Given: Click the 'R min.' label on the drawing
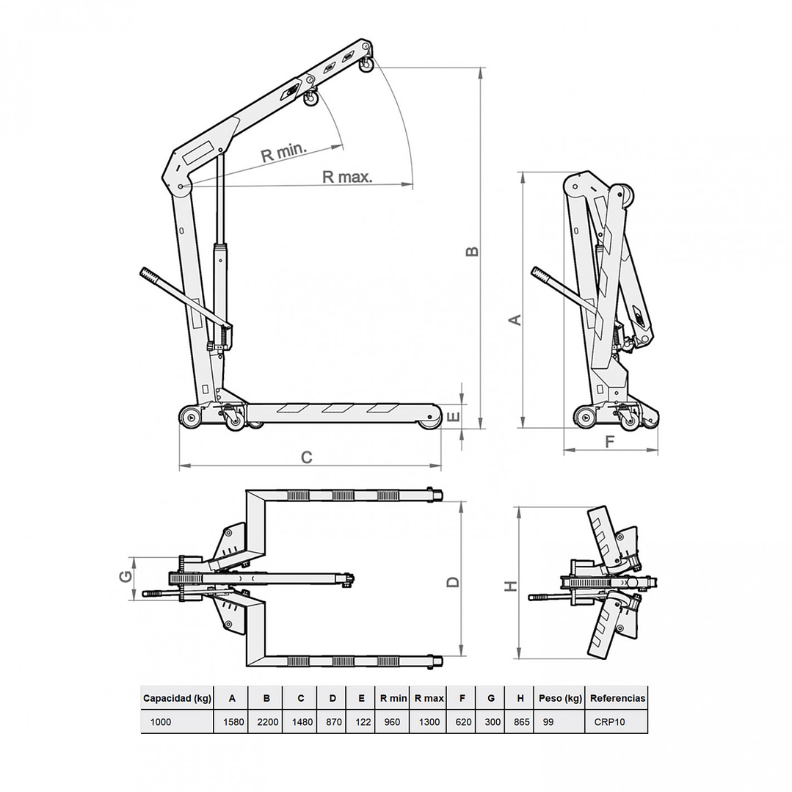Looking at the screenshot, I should point(283,153).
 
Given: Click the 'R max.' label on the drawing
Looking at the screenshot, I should point(347,177).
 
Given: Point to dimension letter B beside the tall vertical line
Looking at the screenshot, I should point(473,251).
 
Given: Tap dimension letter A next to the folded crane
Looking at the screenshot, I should point(515,319).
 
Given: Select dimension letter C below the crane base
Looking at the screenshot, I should point(307,457).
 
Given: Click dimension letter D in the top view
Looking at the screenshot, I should point(453,581).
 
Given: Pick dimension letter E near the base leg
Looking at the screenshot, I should point(454,417).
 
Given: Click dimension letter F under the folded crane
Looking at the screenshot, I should point(609,442).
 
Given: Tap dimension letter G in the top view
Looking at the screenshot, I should point(126,577).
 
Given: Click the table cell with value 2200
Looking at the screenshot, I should point(268,722).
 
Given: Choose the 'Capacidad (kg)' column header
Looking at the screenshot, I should point(177,698).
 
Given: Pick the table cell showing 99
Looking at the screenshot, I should point(548,722).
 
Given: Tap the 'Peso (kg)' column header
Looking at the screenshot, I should point(560,698).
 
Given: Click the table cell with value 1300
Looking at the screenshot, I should point(429,722).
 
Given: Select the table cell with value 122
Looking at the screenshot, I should point(362,722).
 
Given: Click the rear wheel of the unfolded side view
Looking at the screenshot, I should point(191,418).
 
